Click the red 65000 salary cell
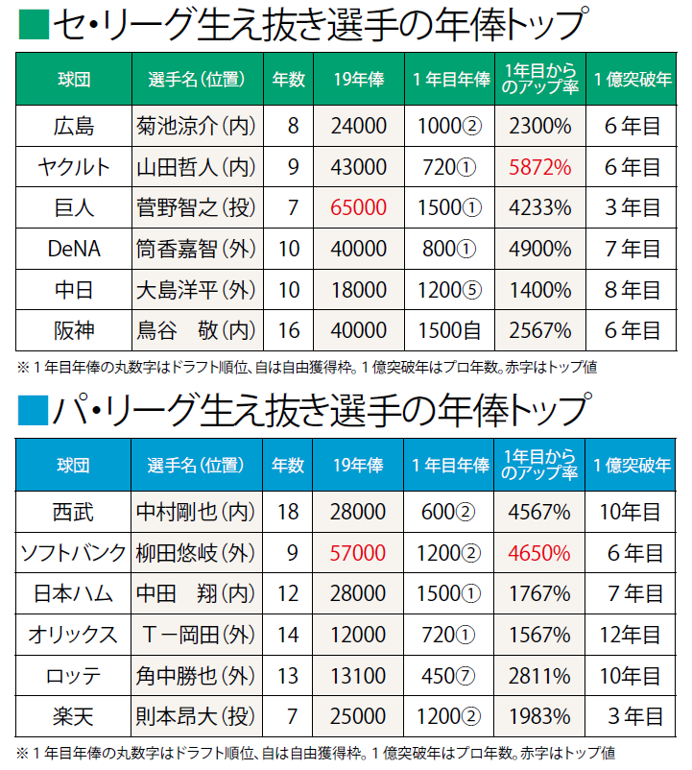(360, 207)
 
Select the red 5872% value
(540, 167)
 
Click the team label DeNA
(74, 249)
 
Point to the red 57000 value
(359, 552)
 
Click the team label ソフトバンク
(74, 552)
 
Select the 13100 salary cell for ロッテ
(359, 674)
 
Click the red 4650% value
(540, 552)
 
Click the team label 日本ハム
(74, 593)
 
